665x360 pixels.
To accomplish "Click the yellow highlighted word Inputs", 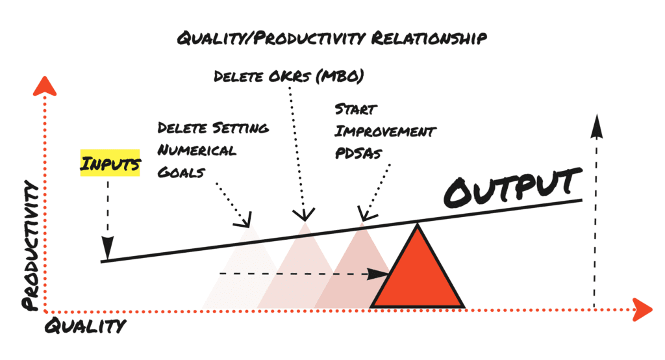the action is click(x=110, y=163).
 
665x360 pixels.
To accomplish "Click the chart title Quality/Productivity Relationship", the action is click(x=332, y=38).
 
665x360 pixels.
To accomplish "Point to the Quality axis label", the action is click(x=85, y=326).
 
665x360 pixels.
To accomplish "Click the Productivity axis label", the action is click(x=31, y=246).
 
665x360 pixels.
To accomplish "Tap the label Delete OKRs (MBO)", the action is click(x=288, y=77).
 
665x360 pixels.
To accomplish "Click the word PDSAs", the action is click(x=358, y=153).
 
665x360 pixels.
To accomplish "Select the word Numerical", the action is click(x=197, y=150).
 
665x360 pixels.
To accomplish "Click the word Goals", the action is click(x=181, y=172).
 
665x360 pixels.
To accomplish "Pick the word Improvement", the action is click(x=385, y=131).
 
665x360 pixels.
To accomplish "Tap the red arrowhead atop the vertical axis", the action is click(x=45, y=86).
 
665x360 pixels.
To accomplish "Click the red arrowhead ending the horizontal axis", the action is click(x=642, y=309).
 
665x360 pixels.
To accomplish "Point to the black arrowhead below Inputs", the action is click(x=108, y=247).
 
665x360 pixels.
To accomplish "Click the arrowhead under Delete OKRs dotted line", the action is click(x=305, y=214).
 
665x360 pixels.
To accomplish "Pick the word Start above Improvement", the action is click(x=355, y=109).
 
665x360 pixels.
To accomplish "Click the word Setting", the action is click(x=240, y=128).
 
